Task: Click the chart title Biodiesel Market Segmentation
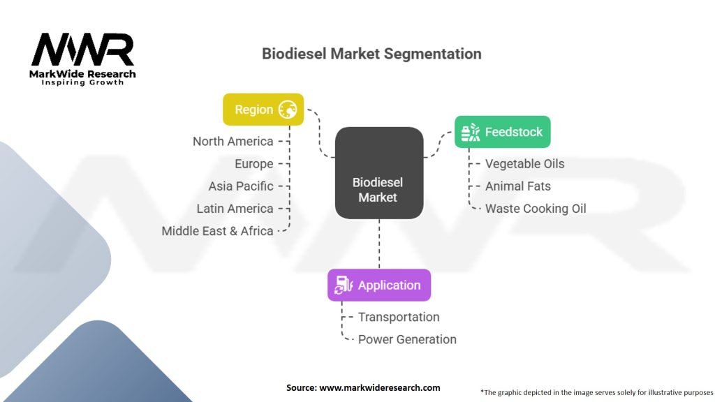pos(371,54)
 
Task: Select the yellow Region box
pos(263,110)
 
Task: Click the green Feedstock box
pos(503,131)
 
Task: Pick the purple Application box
pos(379,285)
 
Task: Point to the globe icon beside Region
pos(288,110)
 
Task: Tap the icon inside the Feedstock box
pos(470,131)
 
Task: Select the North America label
pos(233,142)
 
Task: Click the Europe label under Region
pos(254,164)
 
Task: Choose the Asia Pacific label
pos(241,186)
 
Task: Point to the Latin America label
pos(235,209)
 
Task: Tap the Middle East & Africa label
pos(218,231)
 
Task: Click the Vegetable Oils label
pos(525,164)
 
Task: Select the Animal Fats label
pos(518,186)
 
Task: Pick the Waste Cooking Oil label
pos(536,209)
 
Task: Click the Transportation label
pos(399,317)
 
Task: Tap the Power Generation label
pos(407,339)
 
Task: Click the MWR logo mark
pos(82,50)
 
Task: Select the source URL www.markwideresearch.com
pos(379,387)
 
